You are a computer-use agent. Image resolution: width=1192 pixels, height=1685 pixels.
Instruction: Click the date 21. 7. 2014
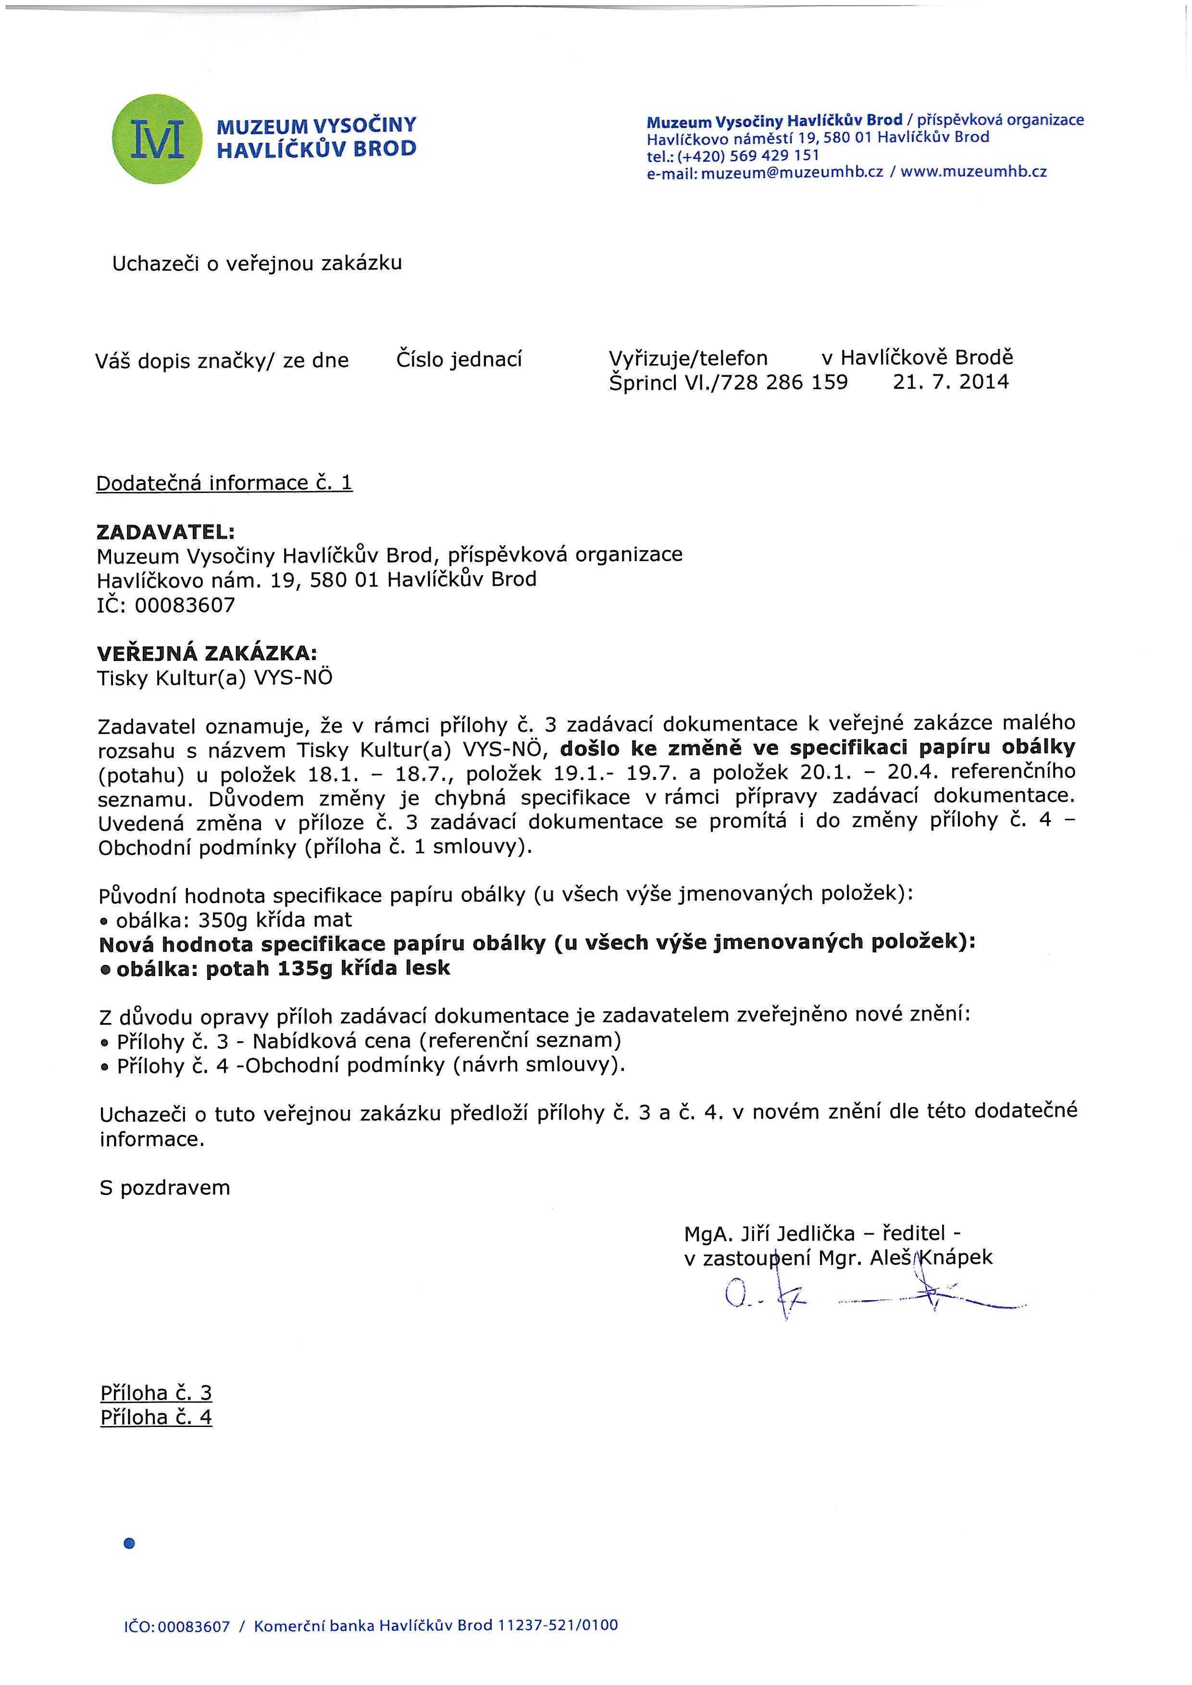coord(951,381)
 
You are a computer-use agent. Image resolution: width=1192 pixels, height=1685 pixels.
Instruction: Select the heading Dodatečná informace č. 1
coord(224,483)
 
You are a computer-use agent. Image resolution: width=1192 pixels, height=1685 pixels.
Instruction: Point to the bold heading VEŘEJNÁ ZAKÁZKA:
coord(207,652)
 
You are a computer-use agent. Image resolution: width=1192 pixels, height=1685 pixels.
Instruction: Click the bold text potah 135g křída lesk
coord(327,969)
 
